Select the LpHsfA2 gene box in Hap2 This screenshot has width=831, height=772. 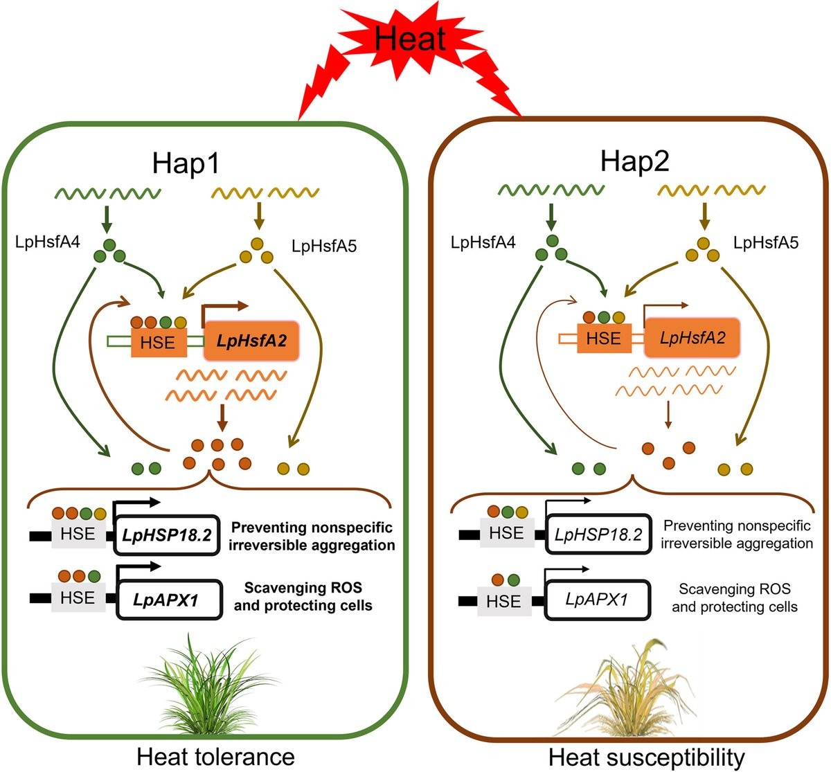point(692,338)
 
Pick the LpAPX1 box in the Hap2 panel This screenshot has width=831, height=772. point(596,599)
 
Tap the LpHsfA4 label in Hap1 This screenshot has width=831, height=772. point(47,242)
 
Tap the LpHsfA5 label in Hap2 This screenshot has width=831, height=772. point(765,242)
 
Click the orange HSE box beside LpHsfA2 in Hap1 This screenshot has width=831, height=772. point(158,342)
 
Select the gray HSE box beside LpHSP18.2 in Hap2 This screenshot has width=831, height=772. point(506,534)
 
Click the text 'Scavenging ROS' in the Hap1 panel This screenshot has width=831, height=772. point(303,589)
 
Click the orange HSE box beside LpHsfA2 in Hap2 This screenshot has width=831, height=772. point(603,339)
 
